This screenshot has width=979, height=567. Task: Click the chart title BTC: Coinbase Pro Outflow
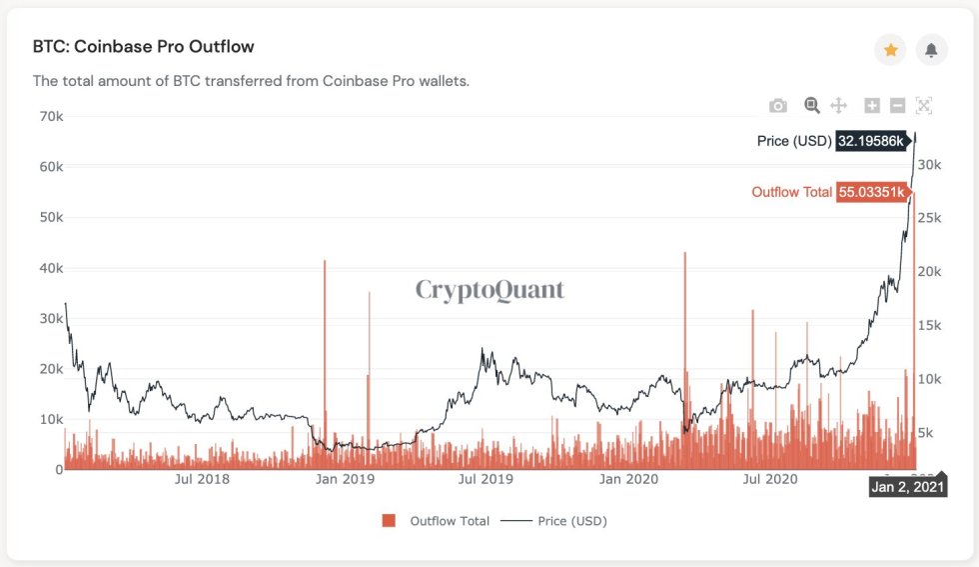pos(144,47)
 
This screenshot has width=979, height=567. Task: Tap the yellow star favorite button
pos(891,50)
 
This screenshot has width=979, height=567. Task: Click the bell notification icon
pos(931,50)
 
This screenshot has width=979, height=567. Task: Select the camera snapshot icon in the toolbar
pos(778,106)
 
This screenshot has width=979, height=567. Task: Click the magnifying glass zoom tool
pos(811,105)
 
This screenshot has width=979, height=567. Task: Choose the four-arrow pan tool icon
pos(839,106)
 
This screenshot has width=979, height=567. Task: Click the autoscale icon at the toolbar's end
pos(923,106)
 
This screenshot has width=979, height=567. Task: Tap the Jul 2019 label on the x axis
pos(486,479)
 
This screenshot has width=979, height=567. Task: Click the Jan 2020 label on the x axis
pos(627,479)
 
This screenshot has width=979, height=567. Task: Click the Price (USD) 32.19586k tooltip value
pos(871,141)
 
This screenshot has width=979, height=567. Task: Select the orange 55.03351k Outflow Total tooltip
pos(871,192)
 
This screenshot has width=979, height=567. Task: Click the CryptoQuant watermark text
pos(489,290)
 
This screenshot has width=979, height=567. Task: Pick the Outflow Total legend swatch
pos(389,521)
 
